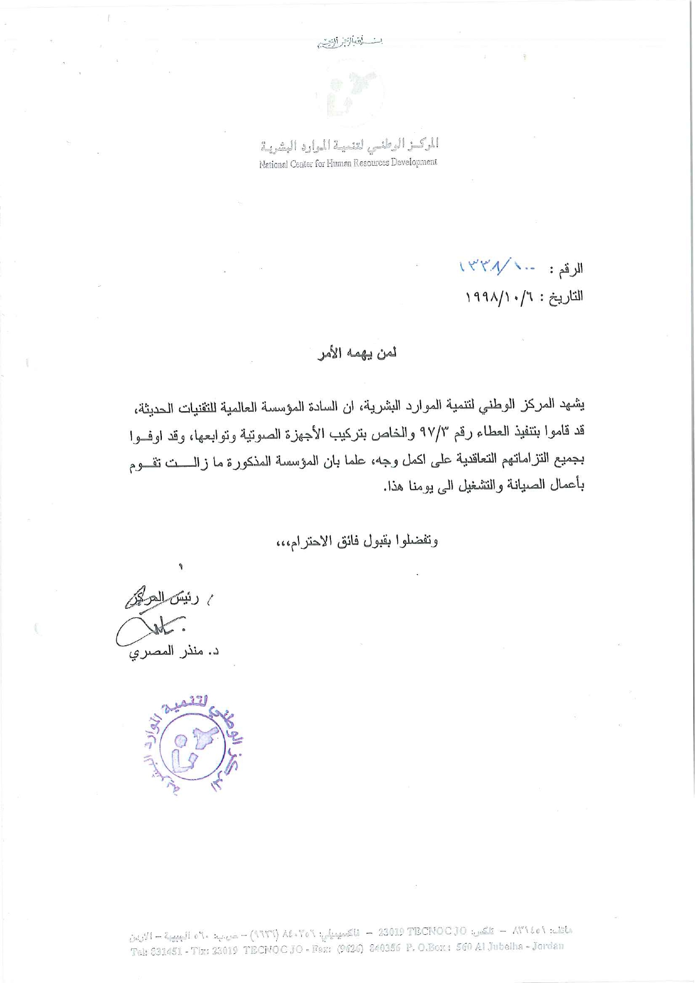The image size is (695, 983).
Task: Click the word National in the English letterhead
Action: pos(273,165)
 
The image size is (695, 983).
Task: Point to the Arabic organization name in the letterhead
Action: pos(349,145)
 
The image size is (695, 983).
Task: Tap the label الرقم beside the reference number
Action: pos(567,269)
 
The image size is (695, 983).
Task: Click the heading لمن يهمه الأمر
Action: pos(357,353)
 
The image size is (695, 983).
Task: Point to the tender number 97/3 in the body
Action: pos(426,431)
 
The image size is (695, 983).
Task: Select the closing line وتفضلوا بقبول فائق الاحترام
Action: pos(357,541)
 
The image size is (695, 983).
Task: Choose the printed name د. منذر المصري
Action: pos(174,653)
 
